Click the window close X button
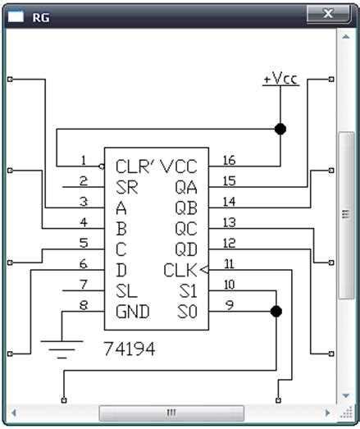(x=327, y=14)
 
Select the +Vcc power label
(x=280, y=80)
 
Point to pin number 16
(x=229, y=160)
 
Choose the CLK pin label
(x=180, y=270)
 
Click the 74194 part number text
(x=130, y=348)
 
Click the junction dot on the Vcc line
(x=280, y=130)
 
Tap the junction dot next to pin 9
(x=276, y=312)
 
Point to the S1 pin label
(x=186, y=290)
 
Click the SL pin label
(x=125, y=290)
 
